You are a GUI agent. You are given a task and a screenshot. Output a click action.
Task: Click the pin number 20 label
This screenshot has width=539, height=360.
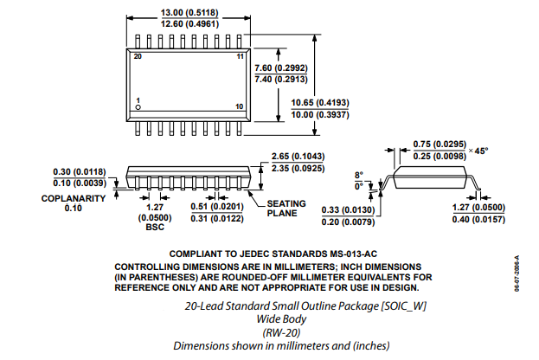coord(138,55)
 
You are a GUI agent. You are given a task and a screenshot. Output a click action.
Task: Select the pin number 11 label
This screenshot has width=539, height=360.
coord(241,55)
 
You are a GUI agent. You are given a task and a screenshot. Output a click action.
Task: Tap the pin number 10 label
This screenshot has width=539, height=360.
coord(241,106)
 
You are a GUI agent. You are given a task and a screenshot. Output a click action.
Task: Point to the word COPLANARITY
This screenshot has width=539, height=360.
coord(73,197)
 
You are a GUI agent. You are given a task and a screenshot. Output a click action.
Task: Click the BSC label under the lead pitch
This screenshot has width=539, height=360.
coord(154,228)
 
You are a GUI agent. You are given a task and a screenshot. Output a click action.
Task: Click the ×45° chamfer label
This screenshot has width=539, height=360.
coord(478,150)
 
